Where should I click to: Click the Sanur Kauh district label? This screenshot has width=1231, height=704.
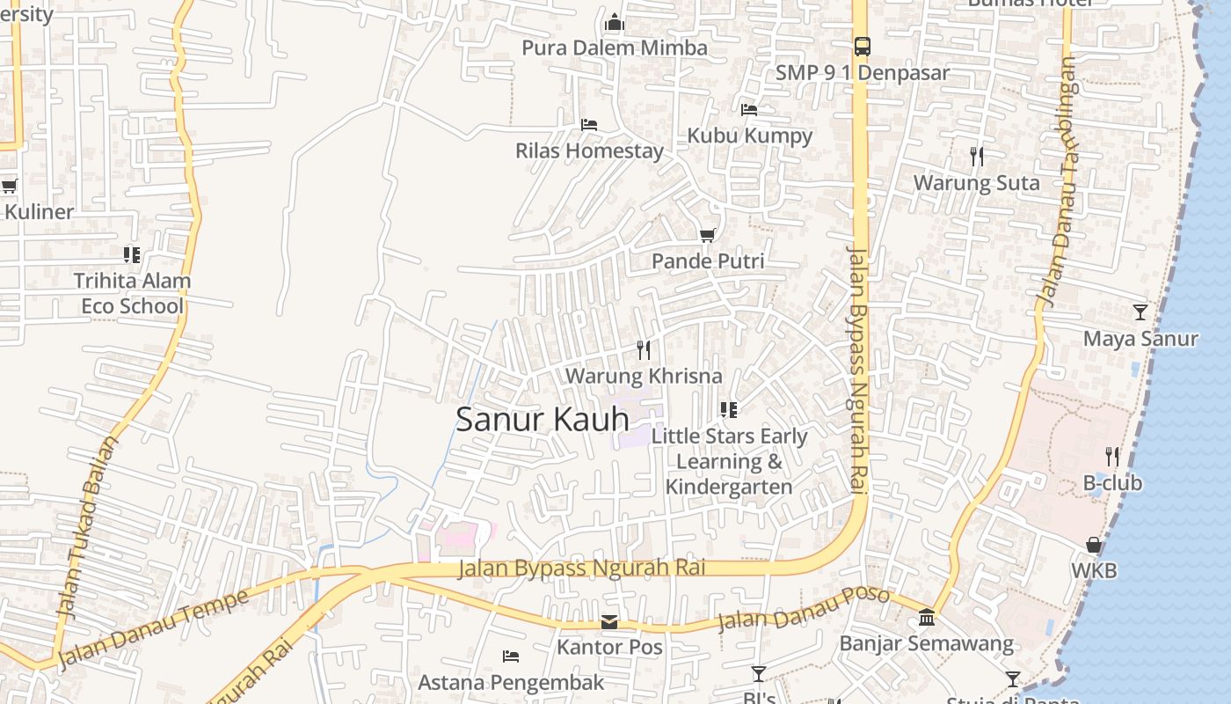[x=543, y=420]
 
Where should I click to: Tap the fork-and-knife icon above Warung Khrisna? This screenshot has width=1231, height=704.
[x=644, y=350]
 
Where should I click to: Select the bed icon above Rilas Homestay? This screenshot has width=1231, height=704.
[x=589, y=125]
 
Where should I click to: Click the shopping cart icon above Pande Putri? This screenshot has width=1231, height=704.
[x=707, y=235]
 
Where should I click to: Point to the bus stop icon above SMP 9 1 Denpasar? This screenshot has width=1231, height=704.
[x=862, y=47]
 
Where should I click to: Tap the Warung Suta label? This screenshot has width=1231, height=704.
[x=976, y=183]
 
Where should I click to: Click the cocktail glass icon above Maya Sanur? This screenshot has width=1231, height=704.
[x=1140, y=312]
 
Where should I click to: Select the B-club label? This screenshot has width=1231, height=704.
[x=1112, y=483]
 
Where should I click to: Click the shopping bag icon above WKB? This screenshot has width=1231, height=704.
[x=1094, y=545]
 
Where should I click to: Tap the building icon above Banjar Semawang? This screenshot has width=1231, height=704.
[x=927, y=618]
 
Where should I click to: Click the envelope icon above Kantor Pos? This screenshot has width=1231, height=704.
[x=608, y=623]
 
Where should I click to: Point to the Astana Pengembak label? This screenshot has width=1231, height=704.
[x=511, y=682]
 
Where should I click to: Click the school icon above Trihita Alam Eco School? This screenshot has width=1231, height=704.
[x=132, y=255]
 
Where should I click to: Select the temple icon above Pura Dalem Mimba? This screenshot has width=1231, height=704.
[x=615, y=22]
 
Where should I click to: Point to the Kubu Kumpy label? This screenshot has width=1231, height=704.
[x=749, y=136]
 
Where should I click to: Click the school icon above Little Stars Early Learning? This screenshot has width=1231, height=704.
[x=728, y=409]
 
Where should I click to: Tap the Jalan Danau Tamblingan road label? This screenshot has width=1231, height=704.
[x=1057, y=182]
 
